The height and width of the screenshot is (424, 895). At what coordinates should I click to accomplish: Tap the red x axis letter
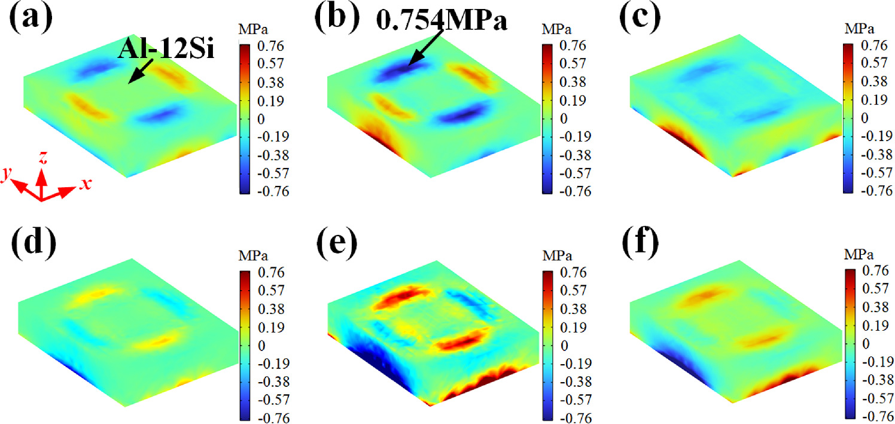tap(86, 184)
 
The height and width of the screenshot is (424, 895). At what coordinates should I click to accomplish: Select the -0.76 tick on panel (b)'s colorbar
tap(574, 192)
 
